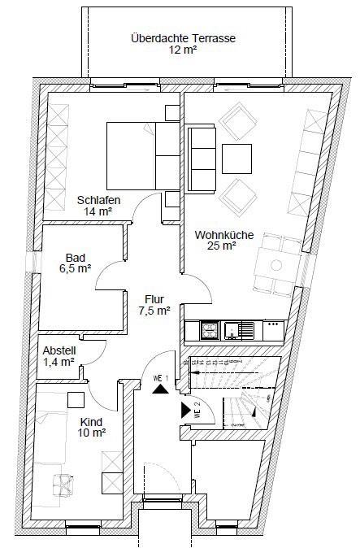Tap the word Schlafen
pyautogui.click(x=99, y=200)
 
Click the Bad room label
pyautogui.click(x=76, y=255)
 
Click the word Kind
pyautogui.click(x=91, y=421)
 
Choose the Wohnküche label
pyautogui.click(x=224, y=235)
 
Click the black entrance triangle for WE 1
pyautogui.click(x=162, y=388)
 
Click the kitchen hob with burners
pyautogui.click(x=209, y=330)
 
